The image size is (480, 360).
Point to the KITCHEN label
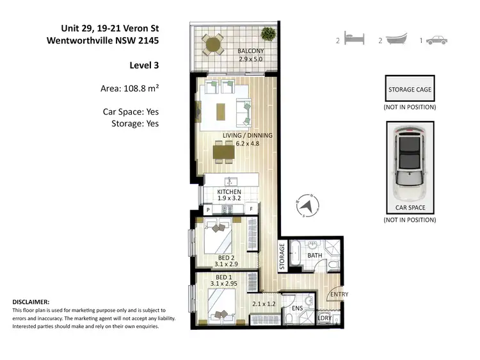click(228, 192)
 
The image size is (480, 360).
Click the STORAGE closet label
click(282, 255)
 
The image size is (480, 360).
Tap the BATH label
click(315, 255)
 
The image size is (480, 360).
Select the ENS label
click(297, 308)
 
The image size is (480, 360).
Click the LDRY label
click(324, 318)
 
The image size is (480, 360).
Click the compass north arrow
click(306, 206)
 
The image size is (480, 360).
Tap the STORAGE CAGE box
click(410, 90)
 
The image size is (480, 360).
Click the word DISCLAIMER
click(31, 301)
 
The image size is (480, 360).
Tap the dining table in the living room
click(223, 151)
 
